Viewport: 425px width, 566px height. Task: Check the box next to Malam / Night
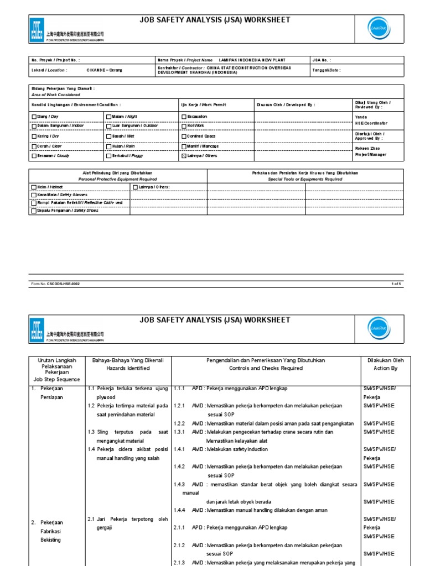[108, 117]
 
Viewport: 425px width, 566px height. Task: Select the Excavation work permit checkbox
[184, 117]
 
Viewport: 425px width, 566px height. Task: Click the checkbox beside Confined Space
[184, 136]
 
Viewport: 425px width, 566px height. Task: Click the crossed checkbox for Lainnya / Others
[184, 156]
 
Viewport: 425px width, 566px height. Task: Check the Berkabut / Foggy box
[108, 156]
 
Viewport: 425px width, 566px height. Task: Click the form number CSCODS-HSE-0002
[64, 284]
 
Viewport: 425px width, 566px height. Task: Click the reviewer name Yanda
[361, 117]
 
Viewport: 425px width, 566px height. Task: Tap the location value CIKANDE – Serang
[105, 70]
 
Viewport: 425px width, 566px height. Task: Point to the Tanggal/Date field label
[327, 70]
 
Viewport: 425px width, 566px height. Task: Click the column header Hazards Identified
[128, 368]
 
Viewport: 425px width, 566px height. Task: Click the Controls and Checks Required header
[266, 368]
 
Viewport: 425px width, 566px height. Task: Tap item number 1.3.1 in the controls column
[180, 432]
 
